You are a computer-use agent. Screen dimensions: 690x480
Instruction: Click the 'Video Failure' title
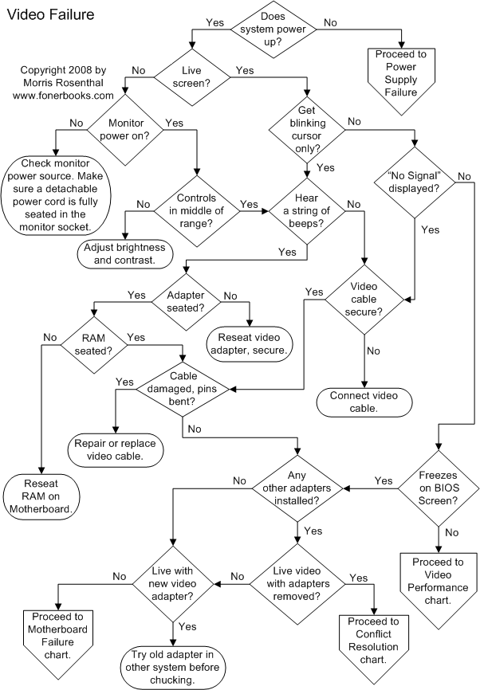[x=50, y=14]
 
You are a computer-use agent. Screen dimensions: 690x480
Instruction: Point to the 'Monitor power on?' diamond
[x=123, y=131]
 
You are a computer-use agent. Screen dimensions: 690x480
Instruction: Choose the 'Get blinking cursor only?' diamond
[x=306, y=124]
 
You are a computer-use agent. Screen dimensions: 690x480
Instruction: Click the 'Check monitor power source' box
[x=56, y=195]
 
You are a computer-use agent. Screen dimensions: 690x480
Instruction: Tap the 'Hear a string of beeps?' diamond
[x=306, y=210]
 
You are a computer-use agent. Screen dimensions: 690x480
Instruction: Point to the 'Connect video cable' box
[x=363, y=401]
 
